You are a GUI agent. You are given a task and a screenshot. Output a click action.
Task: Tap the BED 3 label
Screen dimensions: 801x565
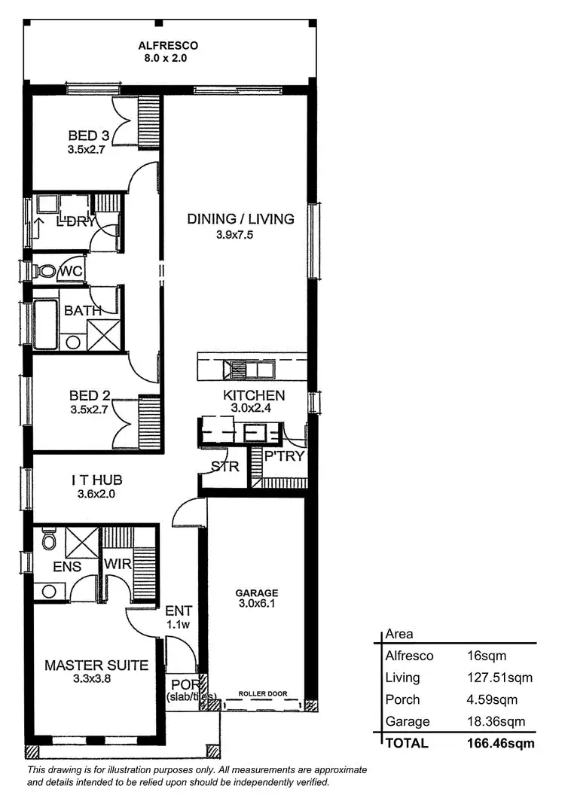coord(89,136)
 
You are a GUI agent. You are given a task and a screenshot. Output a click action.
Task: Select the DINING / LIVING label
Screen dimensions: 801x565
coord(240,219)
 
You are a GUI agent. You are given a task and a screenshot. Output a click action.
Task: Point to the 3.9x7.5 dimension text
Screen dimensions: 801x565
coord(240,235)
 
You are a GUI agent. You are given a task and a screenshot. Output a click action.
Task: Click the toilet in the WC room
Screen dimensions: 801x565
coord(47,270)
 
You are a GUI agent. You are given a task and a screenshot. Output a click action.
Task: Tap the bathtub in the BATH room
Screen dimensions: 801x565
coord(45,324)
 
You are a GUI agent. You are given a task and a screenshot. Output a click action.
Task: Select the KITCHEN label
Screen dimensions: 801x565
coord(254,395)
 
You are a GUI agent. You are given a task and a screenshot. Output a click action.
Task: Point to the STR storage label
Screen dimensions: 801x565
coord(225,466)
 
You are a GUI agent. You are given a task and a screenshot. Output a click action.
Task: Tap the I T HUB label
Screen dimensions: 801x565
coord(96,480)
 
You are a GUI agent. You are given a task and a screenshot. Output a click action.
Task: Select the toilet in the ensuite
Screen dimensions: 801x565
coord(48,540)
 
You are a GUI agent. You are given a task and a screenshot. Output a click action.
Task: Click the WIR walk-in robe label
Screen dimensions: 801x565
coord(118,564)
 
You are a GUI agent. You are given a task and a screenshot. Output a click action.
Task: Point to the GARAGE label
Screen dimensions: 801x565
coord(257,592)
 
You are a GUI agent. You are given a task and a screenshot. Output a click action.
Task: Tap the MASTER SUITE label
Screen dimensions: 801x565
coord(96,665)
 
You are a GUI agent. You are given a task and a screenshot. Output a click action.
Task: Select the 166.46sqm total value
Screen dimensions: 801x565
coord(500,744)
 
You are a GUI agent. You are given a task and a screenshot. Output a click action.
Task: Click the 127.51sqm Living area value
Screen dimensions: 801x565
coord(499,678)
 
